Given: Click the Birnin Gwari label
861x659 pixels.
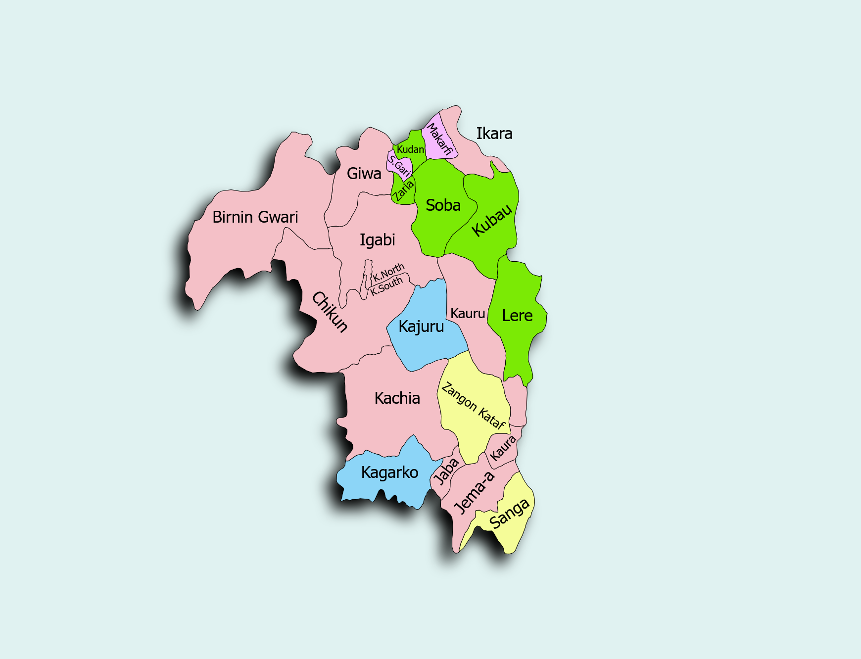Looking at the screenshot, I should [255, 217].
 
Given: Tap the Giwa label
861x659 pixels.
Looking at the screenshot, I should [364, 174].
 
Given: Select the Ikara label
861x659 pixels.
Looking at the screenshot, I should [494, 134].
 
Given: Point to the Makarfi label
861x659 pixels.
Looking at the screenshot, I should [438, 140].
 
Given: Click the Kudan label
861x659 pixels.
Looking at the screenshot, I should [410, 149].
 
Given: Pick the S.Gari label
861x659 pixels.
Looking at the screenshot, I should [400, 166].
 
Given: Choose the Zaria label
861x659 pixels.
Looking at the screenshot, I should [403, 191].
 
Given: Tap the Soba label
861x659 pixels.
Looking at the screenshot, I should [443, 205].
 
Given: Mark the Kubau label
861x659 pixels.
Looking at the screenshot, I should [492, 220].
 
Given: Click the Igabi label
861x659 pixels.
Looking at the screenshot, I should [377, 240].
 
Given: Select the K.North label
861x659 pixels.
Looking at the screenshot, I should [388, 272].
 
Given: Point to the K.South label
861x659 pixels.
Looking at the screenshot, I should [386, 286].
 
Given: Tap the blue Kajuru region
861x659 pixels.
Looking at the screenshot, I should [421, 327].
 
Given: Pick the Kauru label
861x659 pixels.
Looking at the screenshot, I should [468, 314].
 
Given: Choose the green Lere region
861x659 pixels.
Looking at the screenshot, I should [517, 316].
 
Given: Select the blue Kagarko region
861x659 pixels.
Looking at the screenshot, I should [389, 472].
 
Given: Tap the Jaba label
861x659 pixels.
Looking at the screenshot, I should [446, 471].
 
